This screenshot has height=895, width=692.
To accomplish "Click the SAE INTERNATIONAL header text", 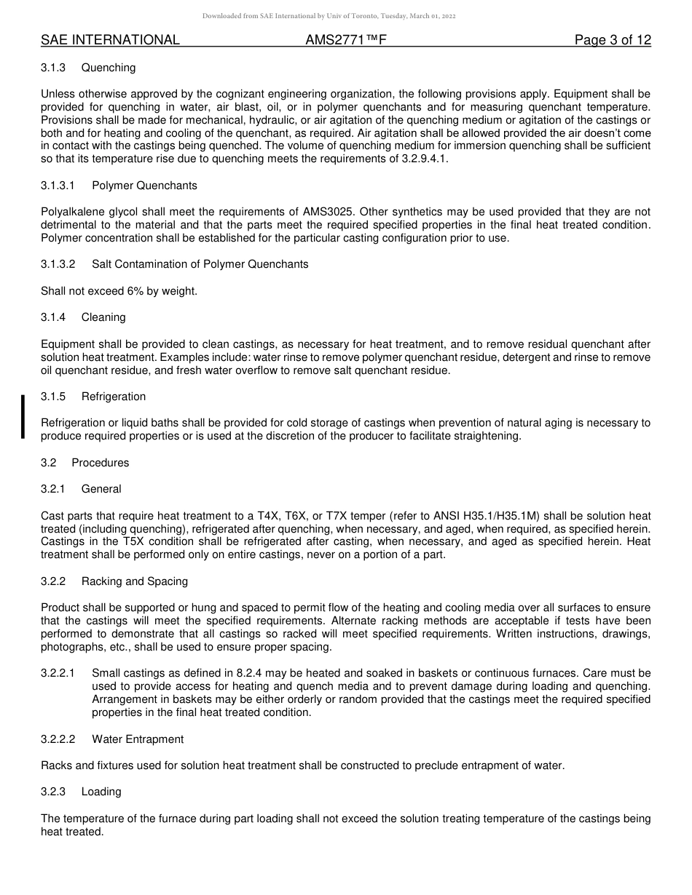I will (x=110, y=40).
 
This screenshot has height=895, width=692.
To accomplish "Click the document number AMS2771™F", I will (x=345, y=40).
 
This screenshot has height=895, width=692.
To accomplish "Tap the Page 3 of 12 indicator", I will (x=613, y=40).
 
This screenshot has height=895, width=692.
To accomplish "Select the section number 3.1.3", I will (x=53, y=68).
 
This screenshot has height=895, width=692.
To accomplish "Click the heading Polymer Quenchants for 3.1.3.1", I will (x=144, y=186).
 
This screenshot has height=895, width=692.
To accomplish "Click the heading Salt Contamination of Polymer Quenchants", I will (x=200, y=264).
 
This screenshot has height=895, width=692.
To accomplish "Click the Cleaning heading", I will (x=103, y=317).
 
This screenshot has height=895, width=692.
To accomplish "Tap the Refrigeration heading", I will (x=114, y=397).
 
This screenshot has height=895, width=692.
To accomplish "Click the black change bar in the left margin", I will (x=23, y=416).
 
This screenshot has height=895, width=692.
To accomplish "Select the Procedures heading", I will (x=100, y=463).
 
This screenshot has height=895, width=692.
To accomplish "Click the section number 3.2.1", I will (x=53, y=489).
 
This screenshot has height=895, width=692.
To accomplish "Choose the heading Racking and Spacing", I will (x=135, y=581).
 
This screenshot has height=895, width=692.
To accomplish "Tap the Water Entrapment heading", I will (x=138, y=739).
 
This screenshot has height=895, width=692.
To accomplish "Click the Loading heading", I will (x=101, y=792).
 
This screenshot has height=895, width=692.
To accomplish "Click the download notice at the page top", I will (x=329, y=16).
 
